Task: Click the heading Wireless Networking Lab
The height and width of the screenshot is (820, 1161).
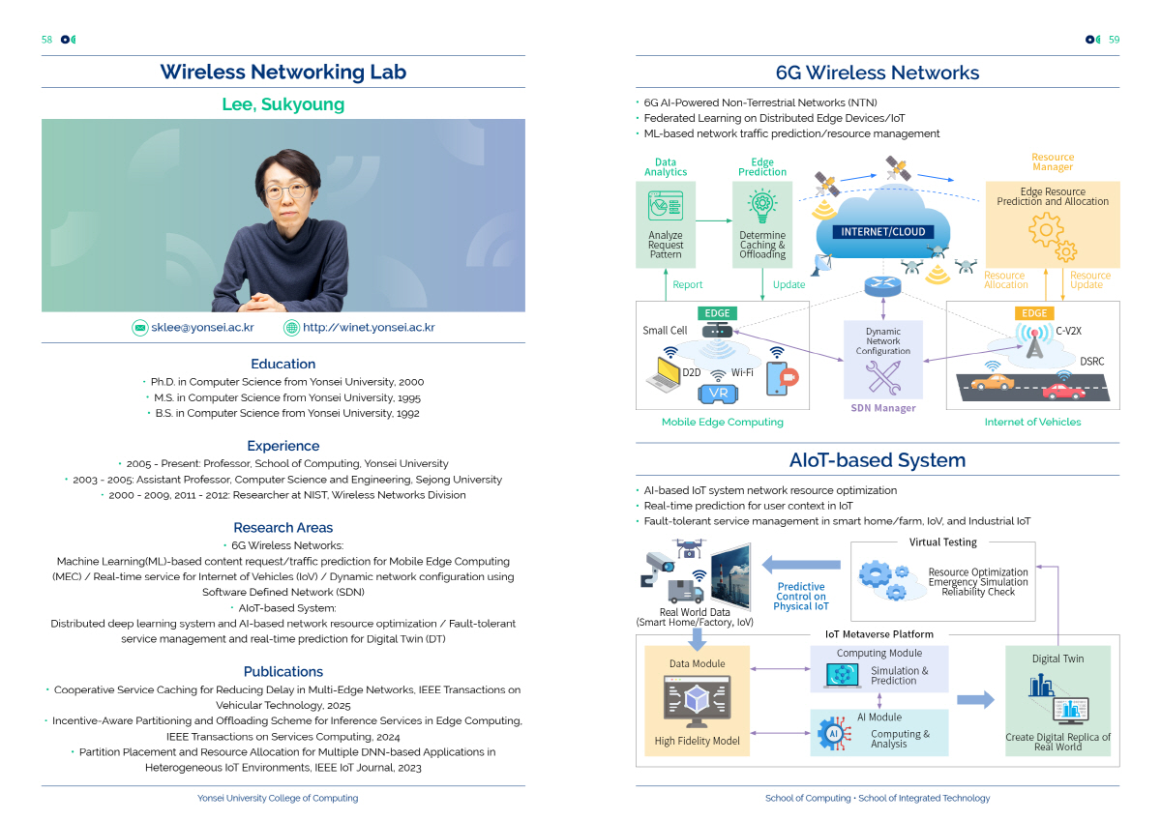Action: [283, 73]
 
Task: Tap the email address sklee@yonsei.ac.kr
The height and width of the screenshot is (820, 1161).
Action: [202, 328]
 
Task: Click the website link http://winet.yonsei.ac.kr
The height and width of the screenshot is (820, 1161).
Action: [369, 328]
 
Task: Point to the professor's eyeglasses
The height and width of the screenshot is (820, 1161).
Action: [286, 190]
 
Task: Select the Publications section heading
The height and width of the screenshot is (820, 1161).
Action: [283, 672]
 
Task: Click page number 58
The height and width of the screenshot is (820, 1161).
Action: [46, 40]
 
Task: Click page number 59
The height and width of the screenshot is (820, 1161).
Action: [1114, 40]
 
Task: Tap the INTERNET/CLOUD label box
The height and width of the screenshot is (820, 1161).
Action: [883, 232]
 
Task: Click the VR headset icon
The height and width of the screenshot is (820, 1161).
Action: [717, 393]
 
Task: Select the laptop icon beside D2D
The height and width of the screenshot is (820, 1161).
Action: [667, 374]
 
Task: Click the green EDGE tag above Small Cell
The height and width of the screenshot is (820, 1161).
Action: [717, 313]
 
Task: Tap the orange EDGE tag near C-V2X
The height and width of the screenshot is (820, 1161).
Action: [1034, 313]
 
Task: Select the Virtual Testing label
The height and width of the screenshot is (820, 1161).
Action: [943, 542]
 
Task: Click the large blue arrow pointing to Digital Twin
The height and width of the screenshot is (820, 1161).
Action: [975, 700]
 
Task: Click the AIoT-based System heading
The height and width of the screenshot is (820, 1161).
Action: [878, 460]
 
